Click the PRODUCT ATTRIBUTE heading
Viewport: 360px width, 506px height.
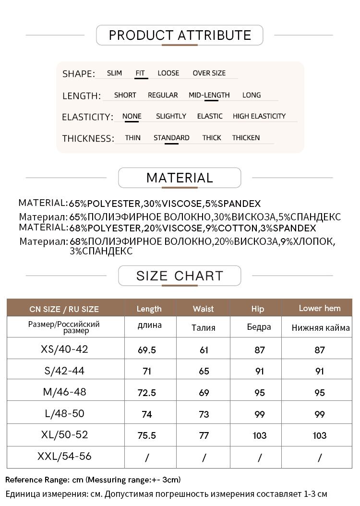(x=180, y=35)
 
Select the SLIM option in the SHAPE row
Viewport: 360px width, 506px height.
(x=114, y=73)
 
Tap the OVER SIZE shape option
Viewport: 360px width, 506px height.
(x=209, y=73)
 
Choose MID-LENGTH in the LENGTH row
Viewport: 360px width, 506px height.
(x=209, y=95)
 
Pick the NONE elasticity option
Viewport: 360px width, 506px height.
(x=132, y=116)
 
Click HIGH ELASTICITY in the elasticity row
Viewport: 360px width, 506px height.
(x=259, y=116)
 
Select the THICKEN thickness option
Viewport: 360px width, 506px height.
(x=246, y=138)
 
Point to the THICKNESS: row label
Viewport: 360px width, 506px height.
(x=88, y=139)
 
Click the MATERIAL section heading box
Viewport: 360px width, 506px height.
(x=180, y=178)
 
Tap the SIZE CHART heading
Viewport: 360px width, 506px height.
(x=180, y=276)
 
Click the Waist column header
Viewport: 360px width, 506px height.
(x=203, y=309)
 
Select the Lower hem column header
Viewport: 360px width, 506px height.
(x=319, y=308)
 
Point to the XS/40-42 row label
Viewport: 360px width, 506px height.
(x=65, y=349)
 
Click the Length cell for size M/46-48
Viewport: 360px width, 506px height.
(x=147, y=393)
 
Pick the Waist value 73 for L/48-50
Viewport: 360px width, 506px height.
(x=204, y=414)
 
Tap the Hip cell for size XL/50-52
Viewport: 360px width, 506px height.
(x=259, y=435)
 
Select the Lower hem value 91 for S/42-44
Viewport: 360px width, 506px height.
(x=320, y=371)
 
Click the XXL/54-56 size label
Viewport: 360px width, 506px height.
(x=64, y=457)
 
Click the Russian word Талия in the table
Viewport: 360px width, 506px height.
(x=203, y=328)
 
